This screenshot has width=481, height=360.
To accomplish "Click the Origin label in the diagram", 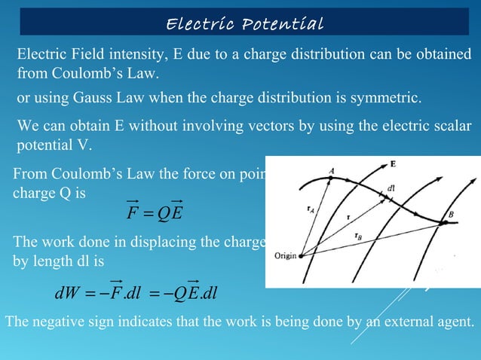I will (x=283, y=255).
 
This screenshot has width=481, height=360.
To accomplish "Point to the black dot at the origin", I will (x=300, y=255).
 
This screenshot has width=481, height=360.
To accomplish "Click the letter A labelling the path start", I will (x=332, y=172).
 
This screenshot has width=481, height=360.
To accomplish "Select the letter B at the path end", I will (x=451, y=215).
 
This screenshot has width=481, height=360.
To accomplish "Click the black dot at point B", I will (x=444, y=223).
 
